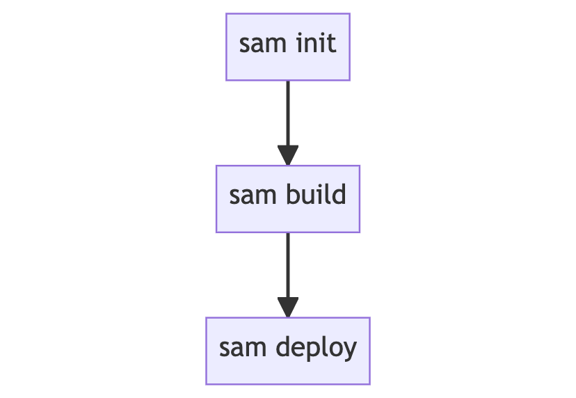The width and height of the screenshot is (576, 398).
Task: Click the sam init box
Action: (x=287, y=47)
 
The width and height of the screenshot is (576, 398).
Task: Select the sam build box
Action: (x=287, y=198)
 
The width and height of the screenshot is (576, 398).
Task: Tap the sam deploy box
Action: (x=287, y=351)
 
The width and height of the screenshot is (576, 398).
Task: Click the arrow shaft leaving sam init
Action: (x=287, y=111)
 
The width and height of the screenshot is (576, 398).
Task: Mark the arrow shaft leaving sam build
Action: (x=287, y=263)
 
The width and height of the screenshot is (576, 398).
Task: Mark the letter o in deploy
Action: (x=336, y=349)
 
